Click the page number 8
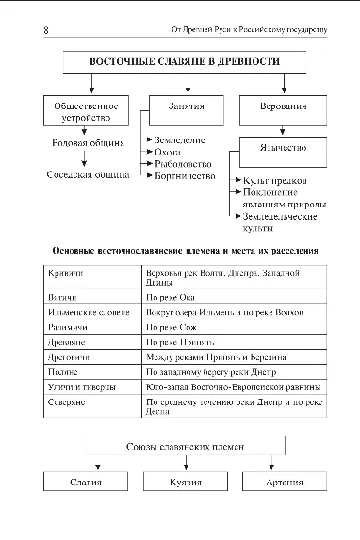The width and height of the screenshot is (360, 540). point(46,29)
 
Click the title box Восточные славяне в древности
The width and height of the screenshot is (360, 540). point(185,63)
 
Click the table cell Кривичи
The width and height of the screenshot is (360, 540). point(64,273)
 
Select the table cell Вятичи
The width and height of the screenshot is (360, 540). point(62,297)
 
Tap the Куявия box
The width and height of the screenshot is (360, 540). point(186,483)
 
